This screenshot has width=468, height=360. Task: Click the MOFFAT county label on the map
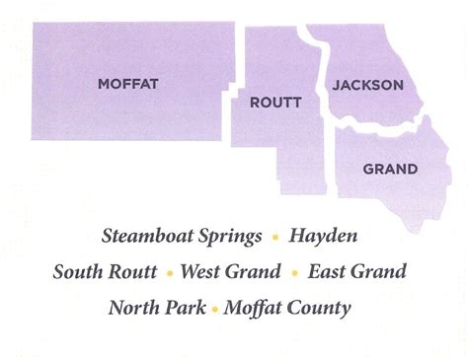click(128, 84)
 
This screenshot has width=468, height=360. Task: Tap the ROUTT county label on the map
click(269, 102)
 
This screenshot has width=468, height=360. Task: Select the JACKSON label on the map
click(367, 85)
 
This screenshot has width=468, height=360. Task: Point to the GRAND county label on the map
click(389, 169)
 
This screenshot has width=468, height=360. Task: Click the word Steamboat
click(143, 237)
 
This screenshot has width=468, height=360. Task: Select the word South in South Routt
click(79, 271)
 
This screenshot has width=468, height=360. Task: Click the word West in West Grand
click(202, 271)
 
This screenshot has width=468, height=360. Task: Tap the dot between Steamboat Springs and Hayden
click(275, 238)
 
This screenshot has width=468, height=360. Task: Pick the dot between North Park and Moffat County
click(214, 308)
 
